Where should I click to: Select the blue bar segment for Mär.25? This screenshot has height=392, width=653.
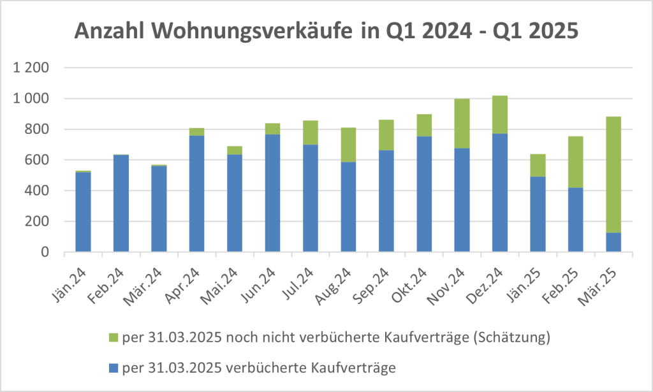pyautogui.click(x=613, y=242)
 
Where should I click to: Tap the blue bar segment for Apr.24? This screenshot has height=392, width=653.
pyautogui.click(x=196, y=194)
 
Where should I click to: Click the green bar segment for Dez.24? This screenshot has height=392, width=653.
pyautogui.click(x=499, y=115)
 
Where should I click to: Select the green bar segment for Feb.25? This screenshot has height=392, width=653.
pyautogui.click(x=575, y=162)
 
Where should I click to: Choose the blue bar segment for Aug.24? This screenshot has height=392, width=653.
pyautogui.click(x=348, y=207)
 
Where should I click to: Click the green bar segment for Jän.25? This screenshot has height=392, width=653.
pyautogui.click(x=538, y=165)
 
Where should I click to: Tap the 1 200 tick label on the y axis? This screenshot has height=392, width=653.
pyautogui.click(x=31, y=68)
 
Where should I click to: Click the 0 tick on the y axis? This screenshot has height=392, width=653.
pyautogui.click(x=45, y=252)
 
